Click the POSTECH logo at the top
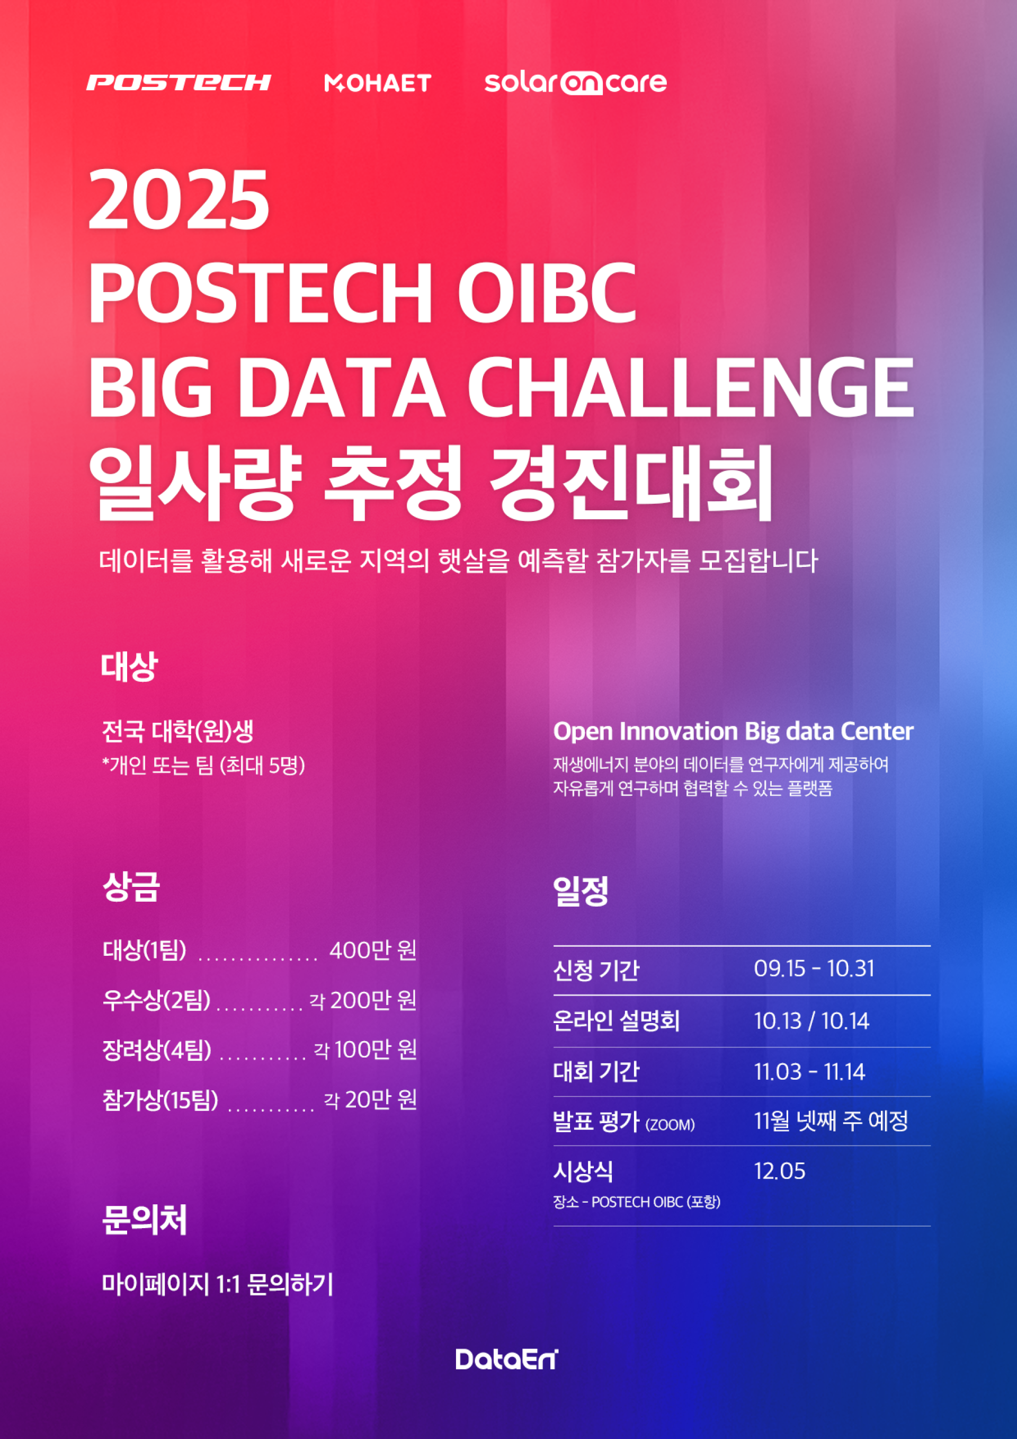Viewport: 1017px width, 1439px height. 179,82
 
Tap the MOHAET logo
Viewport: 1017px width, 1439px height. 378,83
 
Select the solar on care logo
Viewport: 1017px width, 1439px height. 575,83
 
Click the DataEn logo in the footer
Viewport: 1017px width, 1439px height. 506,1359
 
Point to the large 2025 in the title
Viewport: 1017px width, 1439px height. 179,199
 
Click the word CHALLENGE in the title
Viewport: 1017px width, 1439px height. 691,386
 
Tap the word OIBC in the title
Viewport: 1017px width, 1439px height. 547,294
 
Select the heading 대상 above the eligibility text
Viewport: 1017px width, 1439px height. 129,665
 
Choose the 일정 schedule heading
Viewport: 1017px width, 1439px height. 581,891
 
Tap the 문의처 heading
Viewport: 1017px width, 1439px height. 145,1219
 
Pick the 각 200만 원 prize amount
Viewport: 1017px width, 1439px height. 363,1000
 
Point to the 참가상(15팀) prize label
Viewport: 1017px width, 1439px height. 160,1100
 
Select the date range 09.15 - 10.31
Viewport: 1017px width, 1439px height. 814,969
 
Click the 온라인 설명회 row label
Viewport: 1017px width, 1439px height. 617,1021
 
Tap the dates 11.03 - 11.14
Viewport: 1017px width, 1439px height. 809,1072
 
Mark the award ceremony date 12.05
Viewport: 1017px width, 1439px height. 780,1171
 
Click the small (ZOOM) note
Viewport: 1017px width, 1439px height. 670,1124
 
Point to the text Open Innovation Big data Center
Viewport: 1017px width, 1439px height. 733,731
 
